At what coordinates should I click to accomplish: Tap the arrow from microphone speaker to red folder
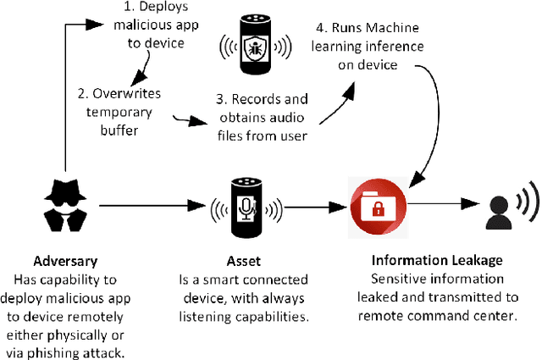point(313,204)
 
